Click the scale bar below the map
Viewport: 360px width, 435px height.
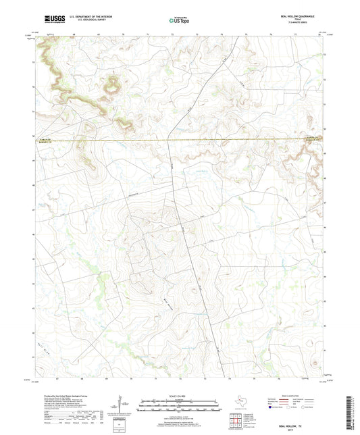coord(180,407)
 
